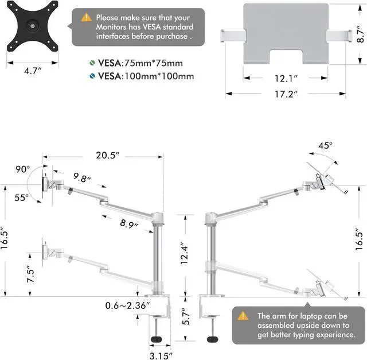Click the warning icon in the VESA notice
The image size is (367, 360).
click(x=87, y=18)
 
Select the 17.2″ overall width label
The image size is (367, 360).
click(x=285, y=94)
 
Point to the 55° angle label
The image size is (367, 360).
click(x=21, y=197)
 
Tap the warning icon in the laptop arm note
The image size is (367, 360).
click(x=243, y=316)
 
